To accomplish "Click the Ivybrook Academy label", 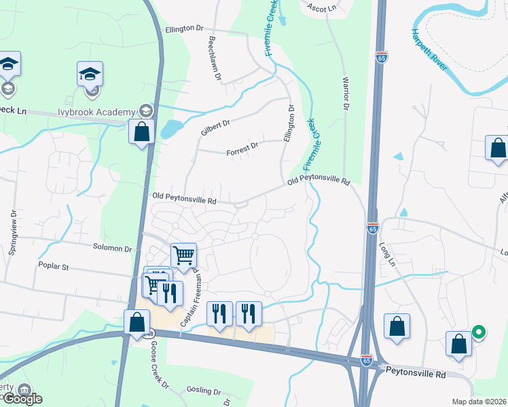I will click(x=97, y=111).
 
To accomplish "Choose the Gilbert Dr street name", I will click(x=215, y=125).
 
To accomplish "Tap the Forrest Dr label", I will click(x=242, y=148).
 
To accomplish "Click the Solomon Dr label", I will click(x=113, y=249).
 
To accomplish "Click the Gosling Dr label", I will click(x=203, y=392).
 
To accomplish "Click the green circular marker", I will click(x=479, y=332).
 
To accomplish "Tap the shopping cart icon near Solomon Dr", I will click(x=183, y=255).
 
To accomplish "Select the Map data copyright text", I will click(x=479, y=402).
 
